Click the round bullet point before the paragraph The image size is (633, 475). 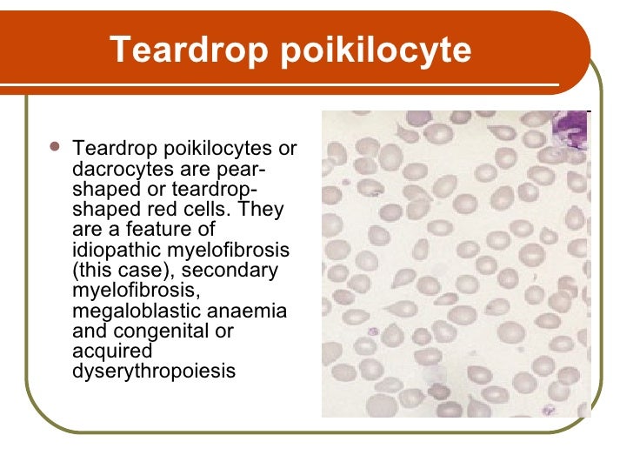pyautogui.click(x=55, y=149)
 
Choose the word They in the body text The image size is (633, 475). pyautogui.click(x=260, y=210)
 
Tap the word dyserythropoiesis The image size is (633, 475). pyautogui.click(x=153, y=371)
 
